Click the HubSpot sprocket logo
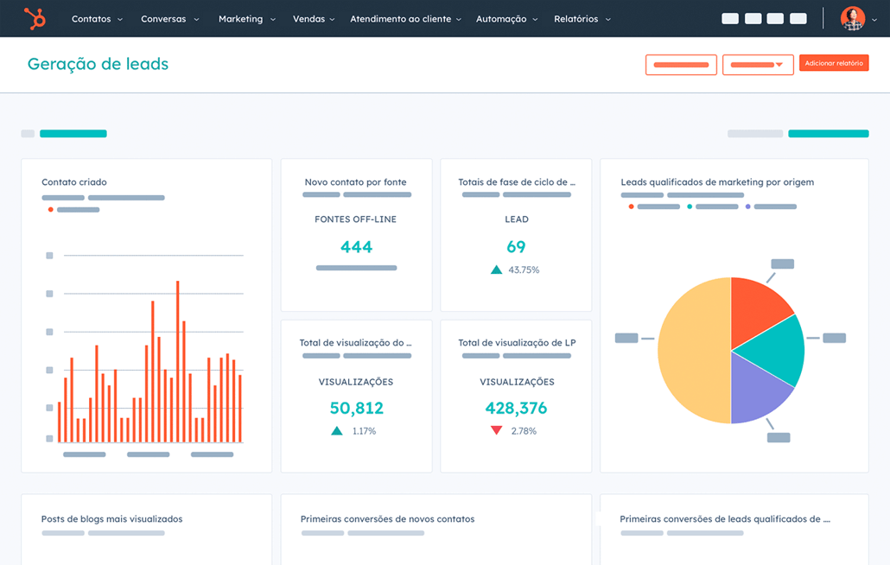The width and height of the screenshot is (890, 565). click(35, 18)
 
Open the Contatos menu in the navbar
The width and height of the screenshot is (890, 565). click(96, 19)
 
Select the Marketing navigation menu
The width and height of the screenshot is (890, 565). click(246, 19)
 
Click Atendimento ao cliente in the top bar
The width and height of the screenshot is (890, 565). click(405, 19)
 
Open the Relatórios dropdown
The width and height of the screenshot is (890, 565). click(582, 19)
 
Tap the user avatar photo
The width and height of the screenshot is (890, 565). click(852, 18)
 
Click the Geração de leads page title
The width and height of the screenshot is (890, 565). click(98, 64)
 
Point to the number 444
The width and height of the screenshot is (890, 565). click(356, 247)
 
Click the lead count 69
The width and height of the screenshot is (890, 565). click(516, 247)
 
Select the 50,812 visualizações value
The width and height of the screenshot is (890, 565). click(356, 408)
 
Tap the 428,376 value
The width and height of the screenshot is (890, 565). click(516, 408)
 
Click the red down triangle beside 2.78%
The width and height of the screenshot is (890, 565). click(496, 430)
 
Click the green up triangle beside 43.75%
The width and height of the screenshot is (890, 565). click(496, 270)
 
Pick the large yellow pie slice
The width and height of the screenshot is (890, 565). click(691, 350)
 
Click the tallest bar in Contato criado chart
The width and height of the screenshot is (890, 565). click(177, 363)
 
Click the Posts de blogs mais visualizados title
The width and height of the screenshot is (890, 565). click(111, 519)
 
